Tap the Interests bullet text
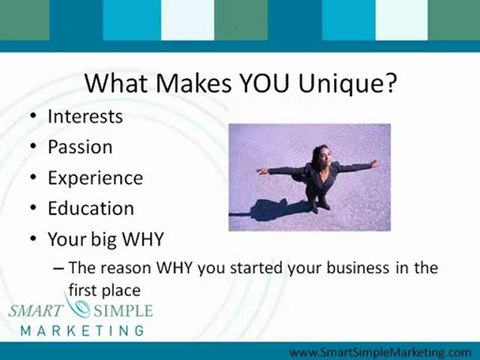(85, 116)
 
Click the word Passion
(80, 147)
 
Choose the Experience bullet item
(94, 178)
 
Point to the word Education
(90, 209)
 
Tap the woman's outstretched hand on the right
(374, 162)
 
